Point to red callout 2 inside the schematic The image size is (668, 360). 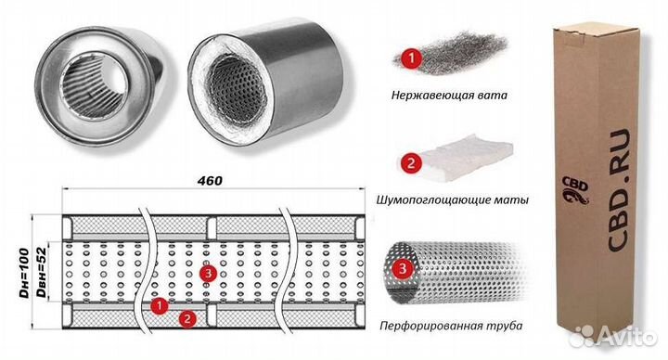(x=187, y=319)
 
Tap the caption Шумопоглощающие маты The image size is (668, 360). (x=454, y=199)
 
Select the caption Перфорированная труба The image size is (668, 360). (x=444, y=326)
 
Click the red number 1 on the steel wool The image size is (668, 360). (x=409, y=58)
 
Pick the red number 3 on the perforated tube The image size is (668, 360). (x=401, y=270)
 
